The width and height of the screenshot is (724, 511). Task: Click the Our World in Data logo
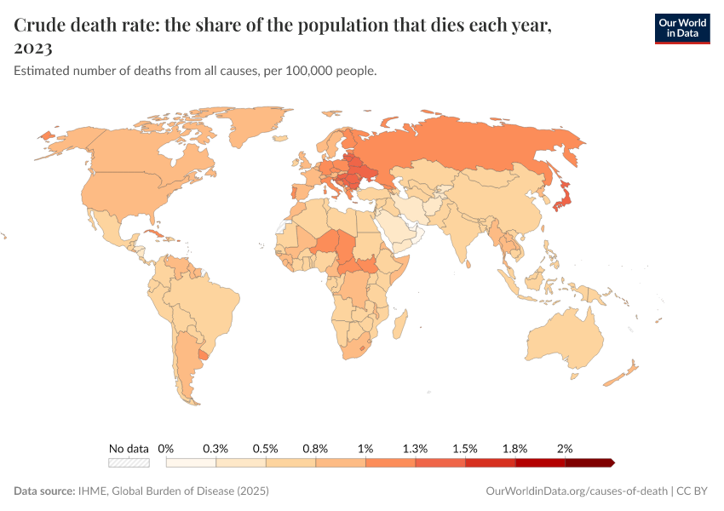[681, 28]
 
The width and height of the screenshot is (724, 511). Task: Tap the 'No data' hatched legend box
[129, 462]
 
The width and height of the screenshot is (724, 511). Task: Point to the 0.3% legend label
[215, 448]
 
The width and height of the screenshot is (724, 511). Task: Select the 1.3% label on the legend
[416, 448]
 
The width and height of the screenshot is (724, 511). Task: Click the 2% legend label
[565, 448]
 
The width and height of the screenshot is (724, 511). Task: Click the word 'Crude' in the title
[43, 26]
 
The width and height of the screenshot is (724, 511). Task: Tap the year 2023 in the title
[33, 48]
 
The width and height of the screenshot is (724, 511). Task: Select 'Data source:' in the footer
[44, 491]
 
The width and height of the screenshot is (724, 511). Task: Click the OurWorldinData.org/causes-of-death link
[575, 491]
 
